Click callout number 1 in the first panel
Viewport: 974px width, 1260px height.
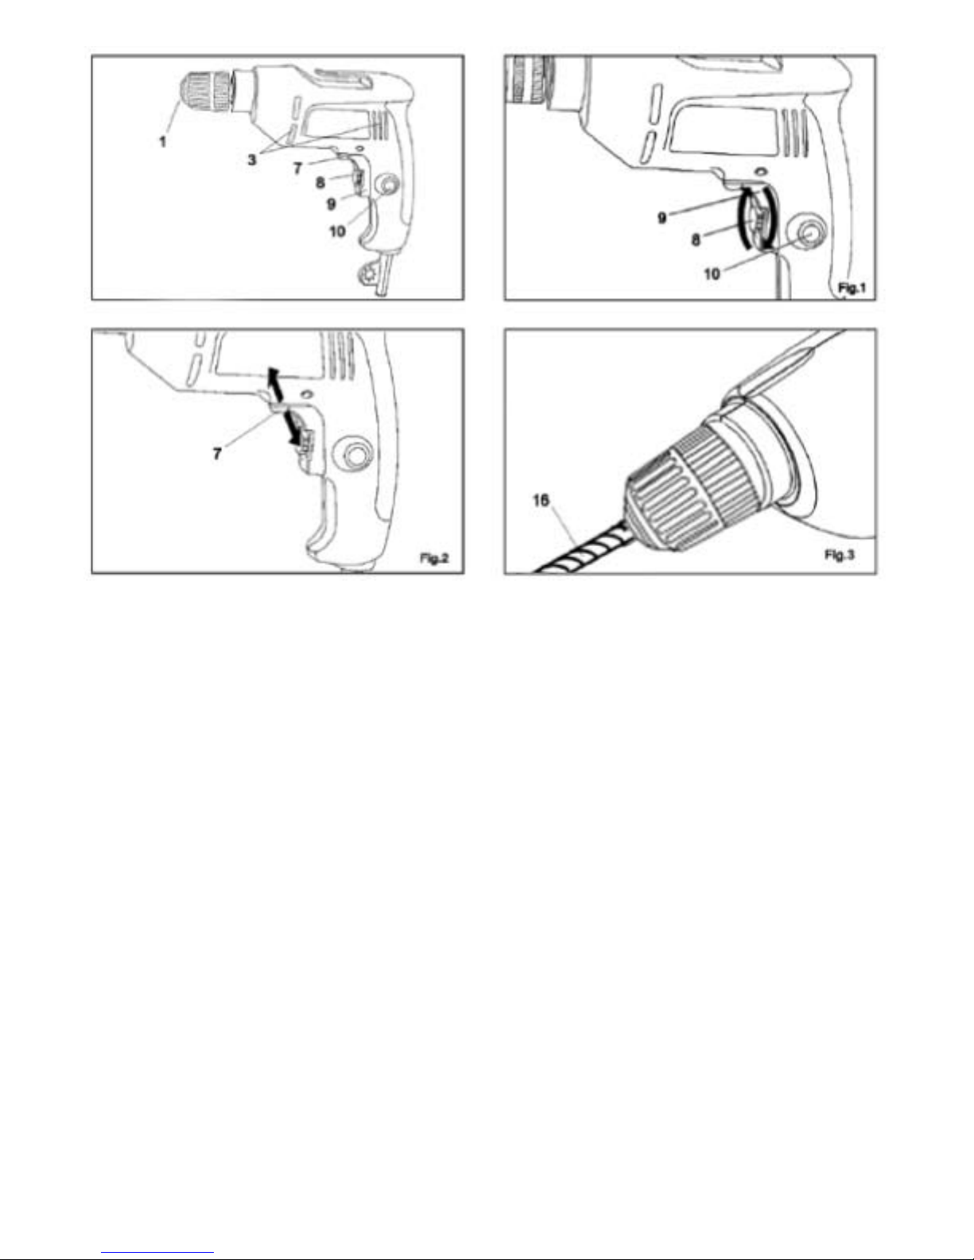(x=163, y=141)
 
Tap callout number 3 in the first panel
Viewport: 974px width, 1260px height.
(x=251, y=160)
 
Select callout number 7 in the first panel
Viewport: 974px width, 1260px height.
(x=297, y=169)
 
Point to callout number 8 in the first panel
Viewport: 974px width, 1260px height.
(x=320, y=183)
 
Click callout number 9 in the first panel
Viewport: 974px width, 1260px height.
(x=331, y=204)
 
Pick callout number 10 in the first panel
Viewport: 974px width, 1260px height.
(x=337, y=231)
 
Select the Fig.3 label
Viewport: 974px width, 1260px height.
(x=840, y=555)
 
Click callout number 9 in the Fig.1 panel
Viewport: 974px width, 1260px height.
(x=662, y=218)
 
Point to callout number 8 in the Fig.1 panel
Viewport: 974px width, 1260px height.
(x=696, y=239)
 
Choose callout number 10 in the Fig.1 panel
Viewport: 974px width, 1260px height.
(x=712, y=273)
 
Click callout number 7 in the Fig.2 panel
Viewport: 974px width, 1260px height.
(x=217, y=453)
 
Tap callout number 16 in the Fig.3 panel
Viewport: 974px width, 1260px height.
(x=541, y=500)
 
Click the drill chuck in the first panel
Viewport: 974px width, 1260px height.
(x=207, y=91)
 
